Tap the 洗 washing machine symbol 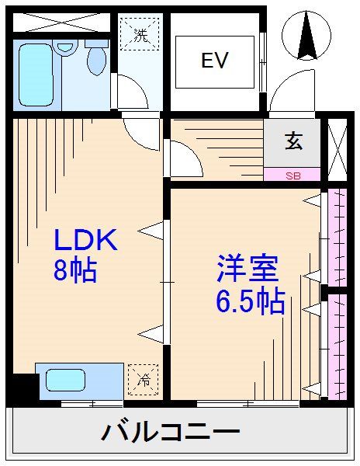coord(140,35)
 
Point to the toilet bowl coord(98,58)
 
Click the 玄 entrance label coord(293,142)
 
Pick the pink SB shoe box coord(292,175)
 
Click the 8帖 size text coord(74,270)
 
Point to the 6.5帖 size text coord(250,300)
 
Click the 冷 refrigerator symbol coord(144,380)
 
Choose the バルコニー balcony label coord(171,433)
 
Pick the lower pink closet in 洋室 coord(337,346)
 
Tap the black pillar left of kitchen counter coord(21,385)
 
